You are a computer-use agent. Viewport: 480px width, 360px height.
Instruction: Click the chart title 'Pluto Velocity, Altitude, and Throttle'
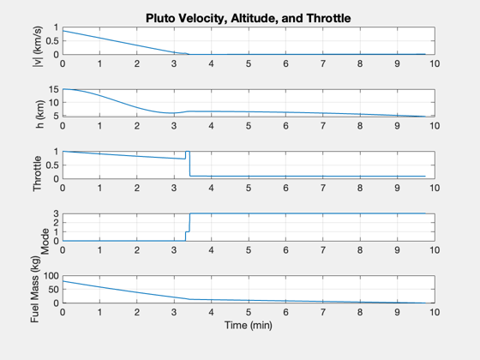(x=248, y=18)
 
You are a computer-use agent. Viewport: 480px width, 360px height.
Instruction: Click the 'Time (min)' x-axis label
(x=249, y=325)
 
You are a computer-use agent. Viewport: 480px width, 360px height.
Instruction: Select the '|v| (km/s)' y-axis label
(x=39, y=46)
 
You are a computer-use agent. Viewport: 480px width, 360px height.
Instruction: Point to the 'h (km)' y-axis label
(x=40, y=114)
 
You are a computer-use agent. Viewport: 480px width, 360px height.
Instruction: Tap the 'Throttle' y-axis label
(x=38, y=173)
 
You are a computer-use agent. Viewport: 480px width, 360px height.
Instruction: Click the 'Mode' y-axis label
(x=45, y=242)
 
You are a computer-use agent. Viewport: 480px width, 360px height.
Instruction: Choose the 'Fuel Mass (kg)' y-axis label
(x=35, y=290)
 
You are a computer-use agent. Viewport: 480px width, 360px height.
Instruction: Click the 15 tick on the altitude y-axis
(x=53, y=89)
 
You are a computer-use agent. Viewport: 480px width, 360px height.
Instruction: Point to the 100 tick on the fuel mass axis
(x=51, y=276)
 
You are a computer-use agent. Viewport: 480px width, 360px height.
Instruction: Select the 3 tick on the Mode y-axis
(x=56, y=213)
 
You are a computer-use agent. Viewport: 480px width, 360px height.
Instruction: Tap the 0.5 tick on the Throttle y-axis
(x=52, y=165)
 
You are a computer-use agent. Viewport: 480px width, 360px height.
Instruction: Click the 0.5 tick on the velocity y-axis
(x=52, y=41)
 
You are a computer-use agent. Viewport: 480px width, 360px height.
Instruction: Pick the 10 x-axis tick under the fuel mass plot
(x=435, y=312)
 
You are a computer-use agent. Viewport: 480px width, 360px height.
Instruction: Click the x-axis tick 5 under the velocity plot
(x=249, y=63)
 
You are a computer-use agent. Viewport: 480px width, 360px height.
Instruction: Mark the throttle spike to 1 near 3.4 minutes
(x=188, y=152)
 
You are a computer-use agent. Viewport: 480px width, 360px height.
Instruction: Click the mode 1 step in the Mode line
(x=188, y=231)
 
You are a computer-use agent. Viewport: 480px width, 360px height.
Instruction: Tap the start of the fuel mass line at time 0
(x=63, y=281)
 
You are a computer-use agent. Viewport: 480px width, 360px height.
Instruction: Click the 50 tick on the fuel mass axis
(x=53, y=290)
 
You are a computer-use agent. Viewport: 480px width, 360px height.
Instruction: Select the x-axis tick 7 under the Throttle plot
(x=323, y=188)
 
